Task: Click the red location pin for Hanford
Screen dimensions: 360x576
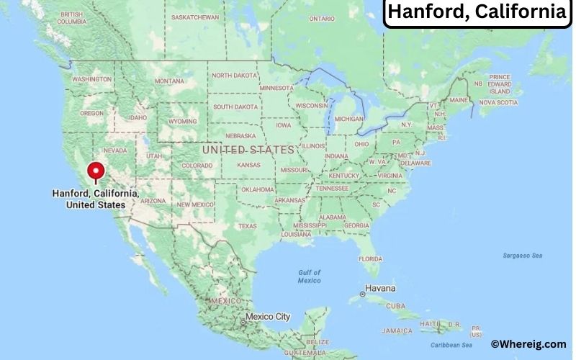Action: click(x=96, y=171)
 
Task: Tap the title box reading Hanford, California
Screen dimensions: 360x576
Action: click(x=477, y=12)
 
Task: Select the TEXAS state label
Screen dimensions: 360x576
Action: click(x=247, y=226)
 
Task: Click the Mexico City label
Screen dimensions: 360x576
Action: click(x=267, y=317)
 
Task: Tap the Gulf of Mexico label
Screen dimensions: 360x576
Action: click(x=308, y=276)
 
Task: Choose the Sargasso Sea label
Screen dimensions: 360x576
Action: click(x=522, y=256)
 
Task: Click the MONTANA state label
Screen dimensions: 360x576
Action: click(x=169, y=81)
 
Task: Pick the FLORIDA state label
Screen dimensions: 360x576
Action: click(x=371, y=258)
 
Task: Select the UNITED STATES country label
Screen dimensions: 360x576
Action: click(x=248, y=150)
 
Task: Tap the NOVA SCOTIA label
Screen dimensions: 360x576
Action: click(x=498, y=102)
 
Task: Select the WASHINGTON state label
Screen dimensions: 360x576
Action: click(x=91, y=78)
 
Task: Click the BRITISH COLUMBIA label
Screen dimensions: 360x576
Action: click(x=71, y=18)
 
